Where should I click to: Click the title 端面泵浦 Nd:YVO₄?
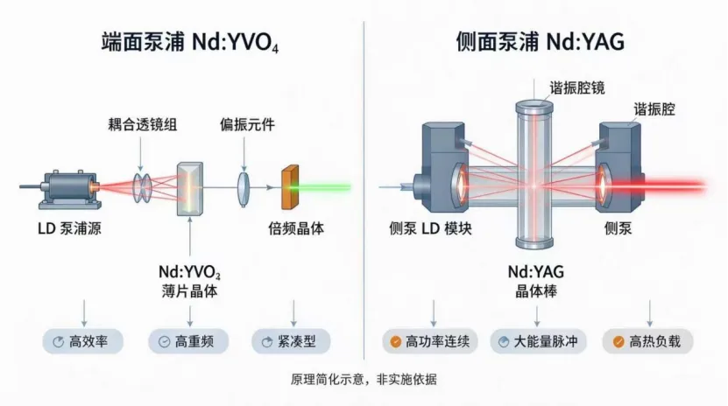point(190,42)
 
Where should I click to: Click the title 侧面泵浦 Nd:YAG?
point(540,42)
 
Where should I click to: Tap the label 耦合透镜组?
point(143,124)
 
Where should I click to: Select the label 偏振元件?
point(247,124)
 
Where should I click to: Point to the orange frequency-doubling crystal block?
point(290,187)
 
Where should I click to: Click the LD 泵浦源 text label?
point(69,228)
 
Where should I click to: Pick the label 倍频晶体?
point(296,228)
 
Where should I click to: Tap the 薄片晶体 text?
point(189,291)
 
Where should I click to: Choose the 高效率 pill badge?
point(82,342)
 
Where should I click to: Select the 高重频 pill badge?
point(188,342)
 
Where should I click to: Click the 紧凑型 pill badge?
point(291,342)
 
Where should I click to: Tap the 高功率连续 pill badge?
point(430,342)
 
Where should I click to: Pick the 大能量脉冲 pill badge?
point(539,342)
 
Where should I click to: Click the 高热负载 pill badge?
point(647,342)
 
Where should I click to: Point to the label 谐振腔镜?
point(577,88)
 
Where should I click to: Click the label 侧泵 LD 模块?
point(430,228)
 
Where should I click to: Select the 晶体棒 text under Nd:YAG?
point(536,291)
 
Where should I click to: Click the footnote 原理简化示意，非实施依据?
point(364,380)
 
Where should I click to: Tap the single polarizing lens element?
point(244,189)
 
